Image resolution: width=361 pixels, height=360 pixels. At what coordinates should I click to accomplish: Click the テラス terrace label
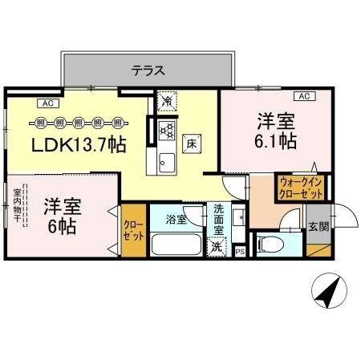pyautogui.click(x=148, y=70)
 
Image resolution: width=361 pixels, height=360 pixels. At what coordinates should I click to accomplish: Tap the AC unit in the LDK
pyautogui.click(x=47, y=102)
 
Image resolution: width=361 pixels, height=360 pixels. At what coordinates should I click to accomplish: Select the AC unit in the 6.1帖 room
pyautogui.click(x=305, y=96)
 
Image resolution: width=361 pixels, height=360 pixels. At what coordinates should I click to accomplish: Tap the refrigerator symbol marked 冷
pyautogui.click(x=166, y=101)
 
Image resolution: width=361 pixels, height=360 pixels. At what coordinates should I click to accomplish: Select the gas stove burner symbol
pyautogui.click(x=166, y=129)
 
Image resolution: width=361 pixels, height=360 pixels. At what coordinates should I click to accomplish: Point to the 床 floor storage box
pyautogui.click(x=193, y=144)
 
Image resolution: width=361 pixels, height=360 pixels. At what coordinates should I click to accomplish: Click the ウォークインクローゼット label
pyautogui.click(x=301, y=188)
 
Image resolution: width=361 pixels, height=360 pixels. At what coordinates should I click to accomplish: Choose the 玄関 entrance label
pyautogui.click(x=318, y=226)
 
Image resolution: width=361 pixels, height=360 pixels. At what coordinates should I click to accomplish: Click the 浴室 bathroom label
pyautogui.click(x=176, y=219)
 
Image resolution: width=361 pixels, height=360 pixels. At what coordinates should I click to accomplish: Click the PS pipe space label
pyautogui.click(x=241, y=252)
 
